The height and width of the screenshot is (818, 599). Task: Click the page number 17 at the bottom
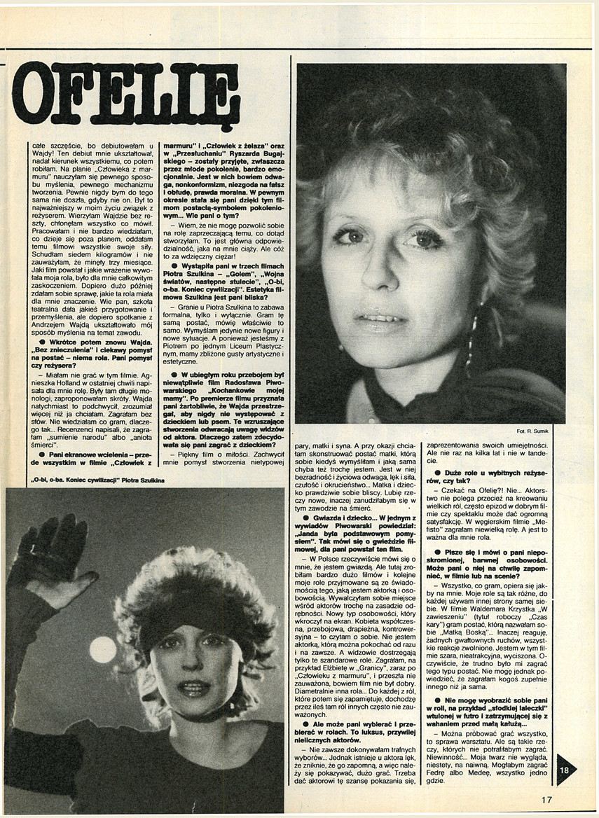point(546,799)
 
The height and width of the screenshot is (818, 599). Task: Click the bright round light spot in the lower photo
point(102,649)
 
